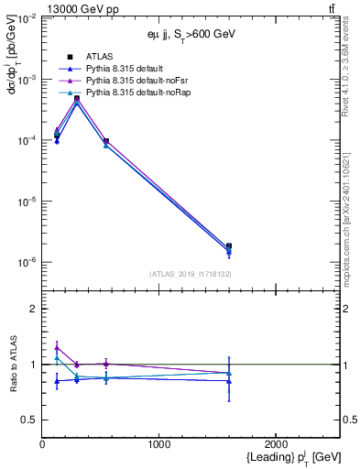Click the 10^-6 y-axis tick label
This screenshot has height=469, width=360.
(26, 262)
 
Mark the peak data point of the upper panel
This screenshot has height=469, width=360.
(77, 98)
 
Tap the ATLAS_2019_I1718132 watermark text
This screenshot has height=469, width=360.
(191, 274)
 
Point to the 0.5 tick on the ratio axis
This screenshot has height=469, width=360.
(29, 420)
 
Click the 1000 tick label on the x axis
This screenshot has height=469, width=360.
(159, 442)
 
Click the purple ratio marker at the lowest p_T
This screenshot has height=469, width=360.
(57, 347)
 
